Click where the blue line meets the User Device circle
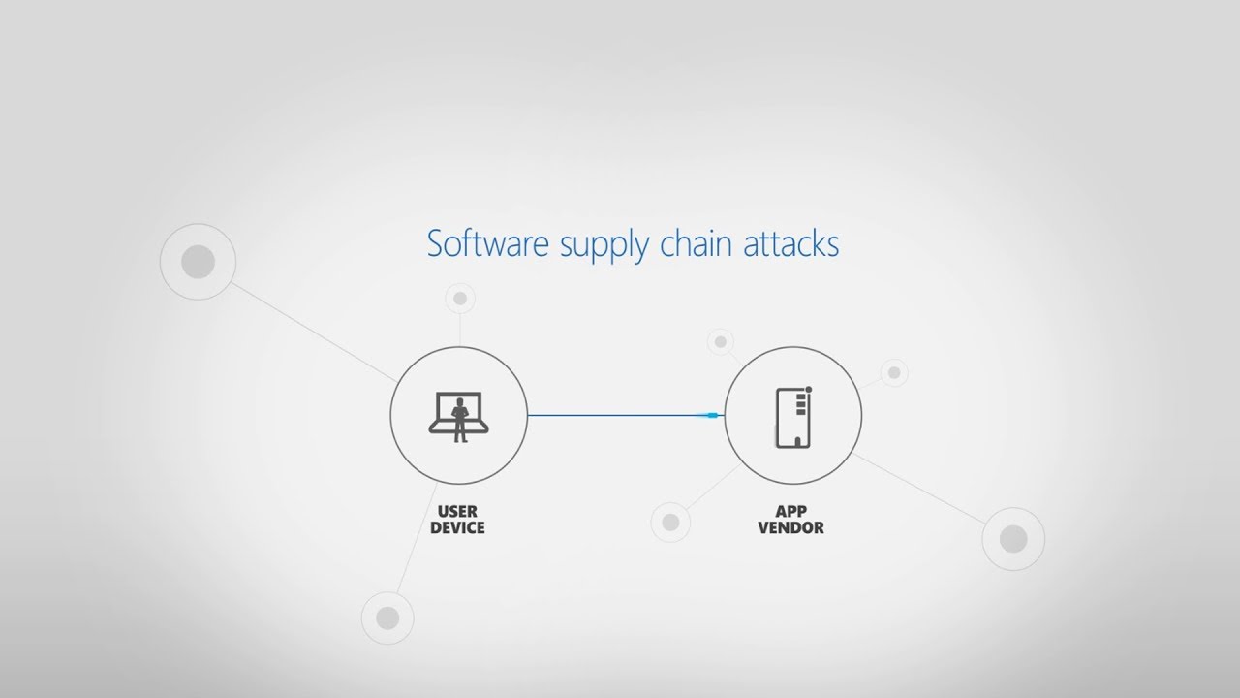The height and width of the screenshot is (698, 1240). (x=528, y=415)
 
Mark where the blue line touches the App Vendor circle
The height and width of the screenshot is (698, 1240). (x=725, y=415)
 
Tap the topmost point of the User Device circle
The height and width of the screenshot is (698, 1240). (x=459, y=347)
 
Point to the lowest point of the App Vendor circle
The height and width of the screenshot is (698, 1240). (x=793, y=484)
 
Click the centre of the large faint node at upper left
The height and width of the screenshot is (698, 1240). (x=199, y=262)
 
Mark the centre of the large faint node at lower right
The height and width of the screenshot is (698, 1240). (x=1013, y=539)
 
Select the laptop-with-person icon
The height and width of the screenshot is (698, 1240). (x=459, y=417)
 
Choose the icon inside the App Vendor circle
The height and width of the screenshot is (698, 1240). (x=793, y=417)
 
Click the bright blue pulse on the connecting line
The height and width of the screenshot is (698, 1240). (x=710, y=415)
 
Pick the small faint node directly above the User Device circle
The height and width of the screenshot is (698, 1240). (x=460, y=299)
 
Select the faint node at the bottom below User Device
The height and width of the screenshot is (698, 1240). (x=387, y=618)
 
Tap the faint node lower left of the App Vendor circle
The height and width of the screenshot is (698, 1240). (x=670, y=522)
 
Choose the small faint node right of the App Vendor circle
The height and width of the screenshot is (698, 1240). (x=894, y=373)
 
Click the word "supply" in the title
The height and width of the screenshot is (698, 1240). (x=604, y=245)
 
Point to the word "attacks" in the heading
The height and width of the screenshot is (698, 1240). (x=791, y=243)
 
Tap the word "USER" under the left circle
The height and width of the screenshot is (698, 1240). (x=457, y=511)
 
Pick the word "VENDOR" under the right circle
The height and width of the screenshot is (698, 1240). (x=791, y=527)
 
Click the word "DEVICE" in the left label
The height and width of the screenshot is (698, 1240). (x=457, y=527)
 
